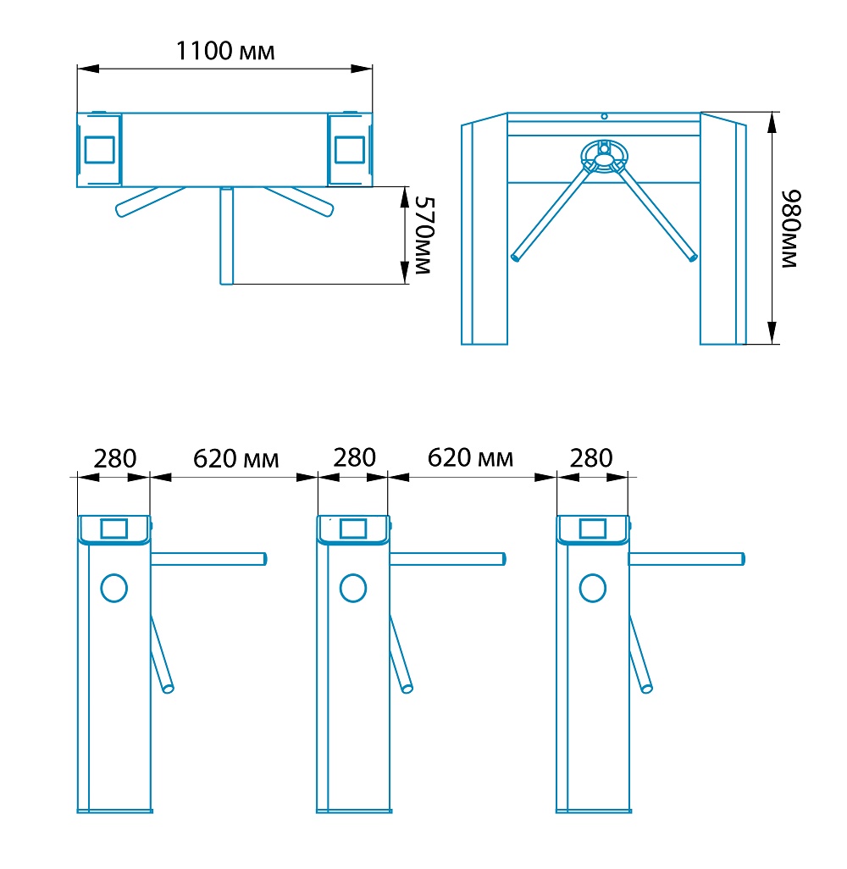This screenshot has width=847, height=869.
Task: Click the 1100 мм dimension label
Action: [x=225, y=51]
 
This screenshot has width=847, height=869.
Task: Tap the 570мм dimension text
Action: [x=424, y=235]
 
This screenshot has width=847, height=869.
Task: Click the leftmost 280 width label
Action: [x=114, y=458]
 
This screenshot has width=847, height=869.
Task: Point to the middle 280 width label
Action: [x=354, y=457]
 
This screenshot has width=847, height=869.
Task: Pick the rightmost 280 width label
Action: [x=591, y=458]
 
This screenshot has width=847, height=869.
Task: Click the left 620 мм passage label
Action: [x=235, y=459]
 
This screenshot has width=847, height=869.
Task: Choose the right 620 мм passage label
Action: [x=470, y=458]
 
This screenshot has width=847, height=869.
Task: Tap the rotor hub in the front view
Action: [x=604, y=156]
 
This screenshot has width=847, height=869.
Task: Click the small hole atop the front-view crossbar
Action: [x=604, y=116]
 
